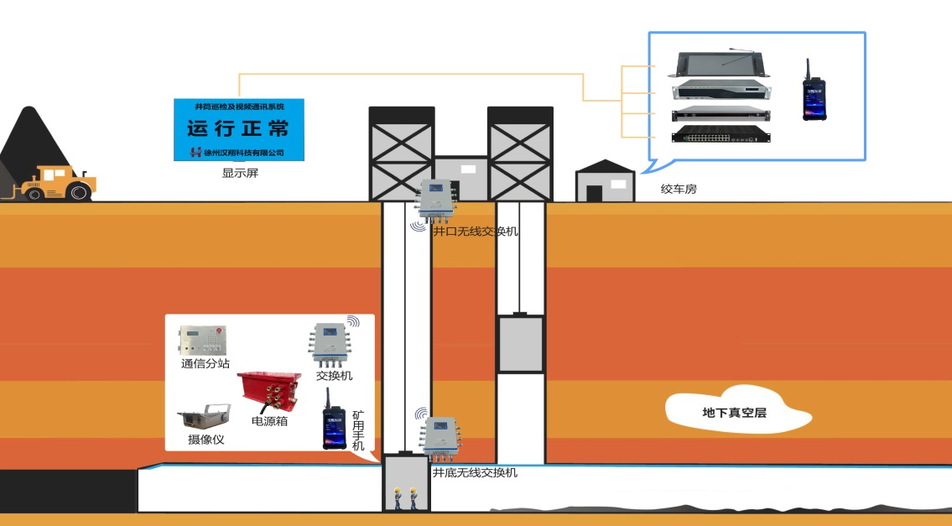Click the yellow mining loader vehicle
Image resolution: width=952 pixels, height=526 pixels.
pyautogui.click(x=59, y=184)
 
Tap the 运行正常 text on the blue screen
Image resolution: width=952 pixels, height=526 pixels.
pyautogui.click(x=238, y=129)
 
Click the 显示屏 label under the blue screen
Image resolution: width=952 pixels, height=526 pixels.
pyautogui.click(x=237, y=174)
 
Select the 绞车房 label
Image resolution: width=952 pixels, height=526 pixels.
pyautogui.click(x=679, y=190)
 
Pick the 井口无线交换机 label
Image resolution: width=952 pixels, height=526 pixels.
pyautogui.click(x=475, y=231)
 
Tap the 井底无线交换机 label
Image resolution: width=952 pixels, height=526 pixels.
pyautogui.click(x=474, y=472)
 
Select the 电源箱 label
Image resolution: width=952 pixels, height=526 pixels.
pyautogui.click(x=269, y=421)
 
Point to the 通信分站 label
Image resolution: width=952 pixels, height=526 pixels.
pyautogui.click(x=205, y=364)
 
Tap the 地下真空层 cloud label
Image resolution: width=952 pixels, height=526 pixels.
pyautogui.click(x=736, y=413)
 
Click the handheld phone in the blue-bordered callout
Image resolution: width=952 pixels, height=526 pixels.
pyautogui.click(x=812, y=93)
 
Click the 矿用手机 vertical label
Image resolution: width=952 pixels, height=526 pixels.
pyautogui.click(x=358, y=430)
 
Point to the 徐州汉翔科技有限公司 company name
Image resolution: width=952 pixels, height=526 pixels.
pyautogui.click(x=244, y=153)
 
